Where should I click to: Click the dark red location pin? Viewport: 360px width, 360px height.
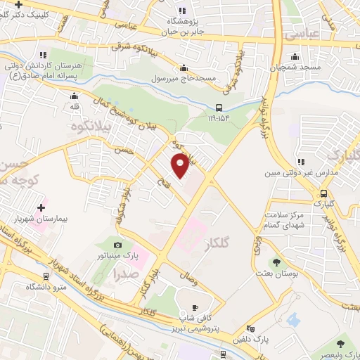(x=180, y=165)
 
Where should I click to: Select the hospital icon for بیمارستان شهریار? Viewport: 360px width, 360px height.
(x=40, y=207)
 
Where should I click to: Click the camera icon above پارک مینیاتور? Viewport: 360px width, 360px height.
(x=117, y=245)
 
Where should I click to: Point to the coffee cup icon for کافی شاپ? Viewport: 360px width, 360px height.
(x=195, y=307)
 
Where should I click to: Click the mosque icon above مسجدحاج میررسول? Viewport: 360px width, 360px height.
(x=184, y=67)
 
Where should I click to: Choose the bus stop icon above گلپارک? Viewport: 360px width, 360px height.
(x=323, y=193)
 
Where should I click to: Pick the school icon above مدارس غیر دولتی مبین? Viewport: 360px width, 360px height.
(x=301, y=161)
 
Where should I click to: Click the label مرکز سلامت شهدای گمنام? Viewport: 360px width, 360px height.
(x=284, y=220)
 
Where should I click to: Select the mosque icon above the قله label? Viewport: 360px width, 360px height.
(x=74, y=96)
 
